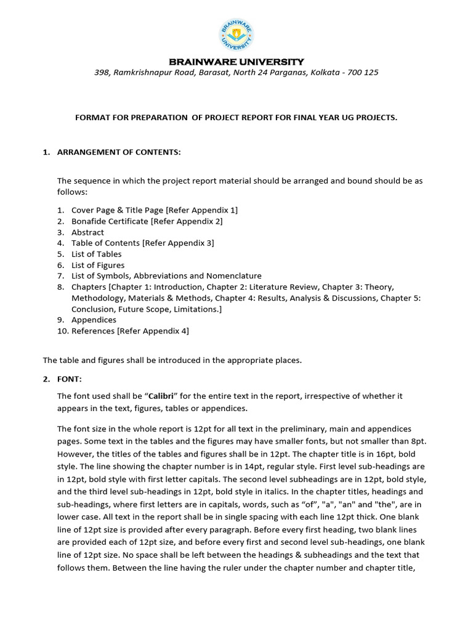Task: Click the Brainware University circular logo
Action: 236,35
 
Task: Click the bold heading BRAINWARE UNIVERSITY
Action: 236,62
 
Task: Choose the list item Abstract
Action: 87,232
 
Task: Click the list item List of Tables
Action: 96,254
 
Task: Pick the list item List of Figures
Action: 97,265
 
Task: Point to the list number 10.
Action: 62,331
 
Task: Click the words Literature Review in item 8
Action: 280,287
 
